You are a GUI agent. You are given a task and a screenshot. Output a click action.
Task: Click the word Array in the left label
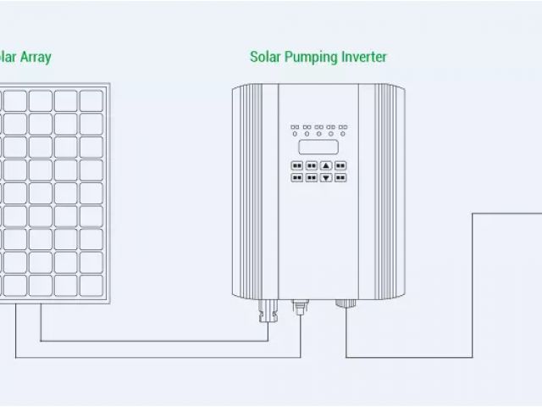(36, 58)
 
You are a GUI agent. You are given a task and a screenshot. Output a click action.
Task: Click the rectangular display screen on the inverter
(319, 146)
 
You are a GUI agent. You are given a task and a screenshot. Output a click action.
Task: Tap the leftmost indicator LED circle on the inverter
(296, 133)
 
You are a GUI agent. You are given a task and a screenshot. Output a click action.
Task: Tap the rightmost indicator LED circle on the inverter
(343, 133)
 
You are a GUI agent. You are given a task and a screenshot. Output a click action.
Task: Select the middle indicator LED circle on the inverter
(319, 133)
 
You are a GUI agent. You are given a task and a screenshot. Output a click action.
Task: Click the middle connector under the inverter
(300, 306)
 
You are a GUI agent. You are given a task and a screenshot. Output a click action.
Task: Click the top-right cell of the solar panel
(91, 101)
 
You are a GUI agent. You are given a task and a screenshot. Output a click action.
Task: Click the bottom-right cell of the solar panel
(91, 285)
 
